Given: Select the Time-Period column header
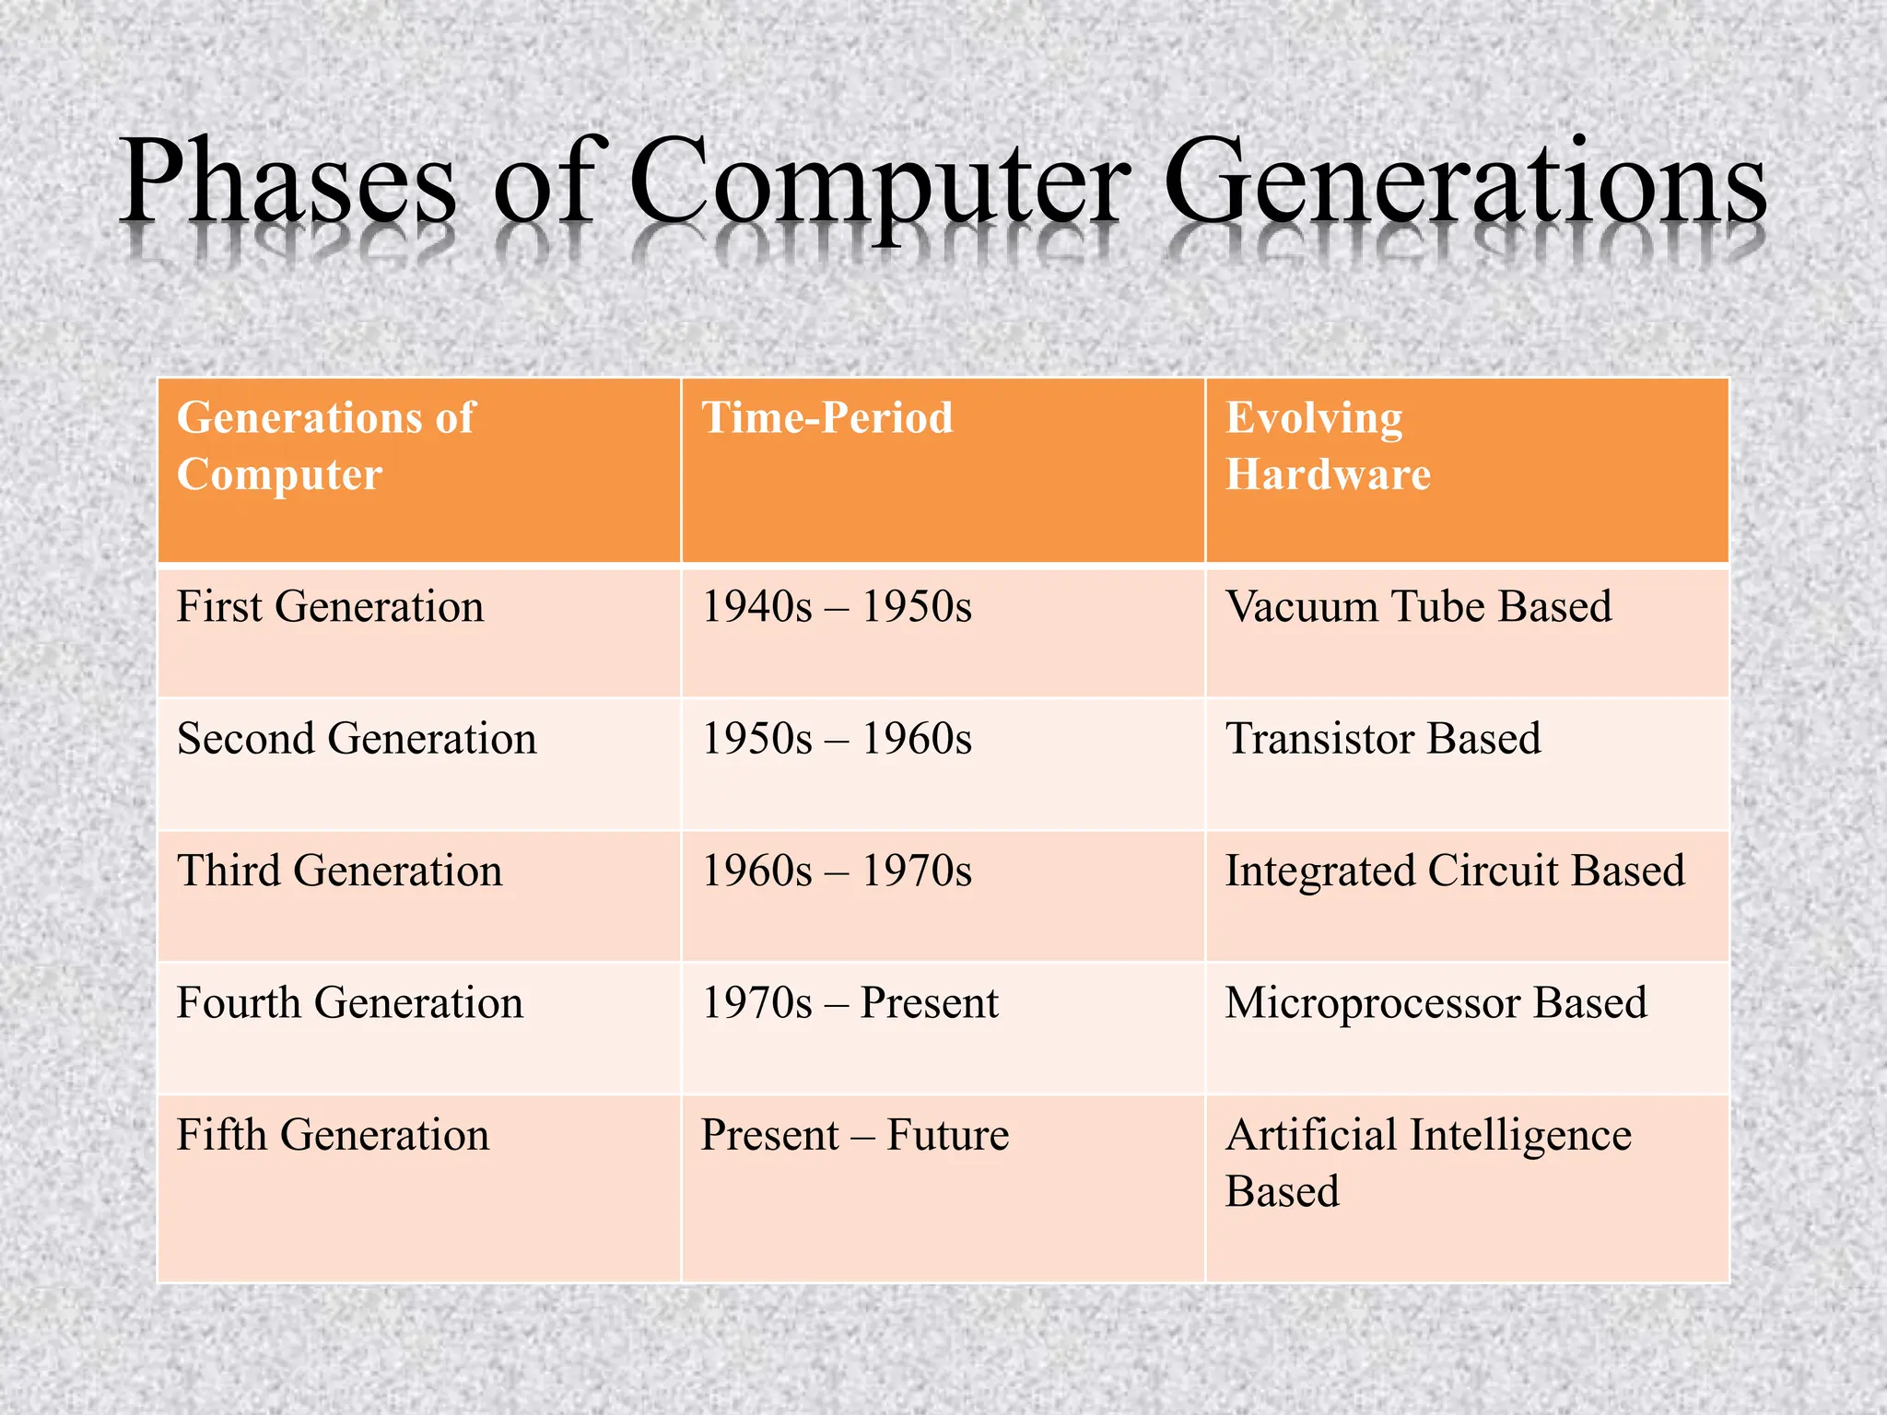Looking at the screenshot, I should (x=826, y=418).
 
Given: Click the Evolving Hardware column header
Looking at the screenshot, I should (x=1327, y=447).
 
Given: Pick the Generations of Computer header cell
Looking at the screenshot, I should (x=325, y=447).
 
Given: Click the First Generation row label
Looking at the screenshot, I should (x=330, y=607).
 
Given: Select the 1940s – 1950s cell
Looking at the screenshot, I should (x=836, y=607).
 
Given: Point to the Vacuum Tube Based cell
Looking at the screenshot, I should (x=1418, y=607).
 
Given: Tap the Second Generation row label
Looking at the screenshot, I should (x=357, y=739).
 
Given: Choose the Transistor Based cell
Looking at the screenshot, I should (x=1382, y=739).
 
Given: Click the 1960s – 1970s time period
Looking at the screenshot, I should (x=836, y=871).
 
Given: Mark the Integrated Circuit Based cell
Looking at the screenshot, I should (x=1454, y=871).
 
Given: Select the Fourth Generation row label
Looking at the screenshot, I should (x=349, y=1003).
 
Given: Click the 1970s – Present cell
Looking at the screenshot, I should (x=849, y=1003).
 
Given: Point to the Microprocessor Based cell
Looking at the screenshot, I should (x=1435, y=1003).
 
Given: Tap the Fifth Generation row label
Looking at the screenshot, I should (x=333, y=1135).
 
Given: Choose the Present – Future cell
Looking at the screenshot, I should (x=854, y=1135).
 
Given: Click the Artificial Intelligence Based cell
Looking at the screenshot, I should (x=1427, y=1163).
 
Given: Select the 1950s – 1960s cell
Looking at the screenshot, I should (x=836, y=739).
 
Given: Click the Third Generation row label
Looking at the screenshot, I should (x=339, y=871).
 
